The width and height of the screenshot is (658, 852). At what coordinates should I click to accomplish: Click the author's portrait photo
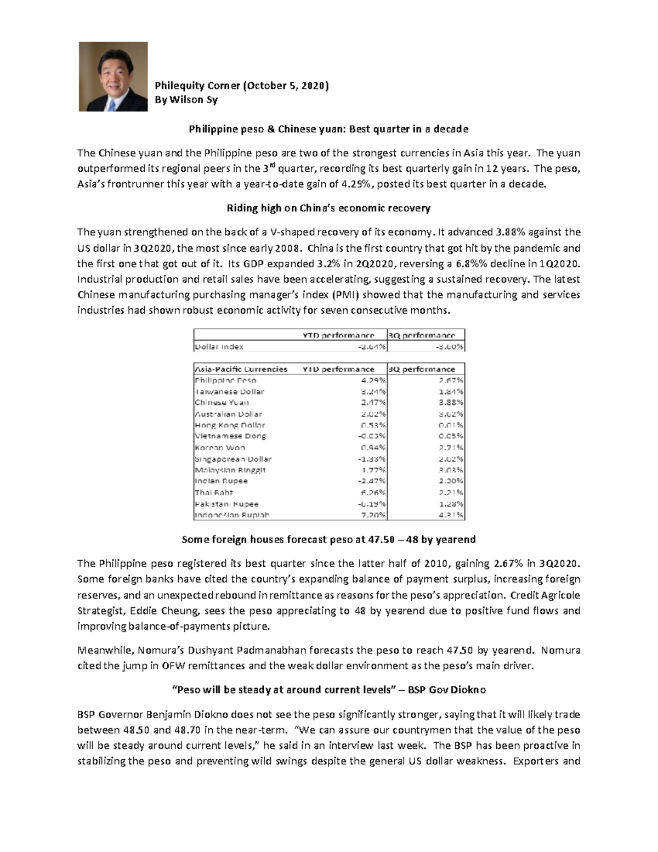click(113, 77)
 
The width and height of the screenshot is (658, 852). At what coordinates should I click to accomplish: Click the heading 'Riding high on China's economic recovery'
click(328, 208)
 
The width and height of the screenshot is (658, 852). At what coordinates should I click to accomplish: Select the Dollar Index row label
click(219, 347)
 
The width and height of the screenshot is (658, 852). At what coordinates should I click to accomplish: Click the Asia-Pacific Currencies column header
click(241, 369)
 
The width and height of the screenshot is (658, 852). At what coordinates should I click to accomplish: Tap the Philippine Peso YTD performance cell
click(373, 380)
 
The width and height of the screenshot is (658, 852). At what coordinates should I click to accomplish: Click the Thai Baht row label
click(214, 493)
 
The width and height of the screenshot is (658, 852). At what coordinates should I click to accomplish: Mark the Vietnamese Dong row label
click(230, 436)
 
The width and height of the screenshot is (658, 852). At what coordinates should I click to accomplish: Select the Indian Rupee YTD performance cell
click(373, 481)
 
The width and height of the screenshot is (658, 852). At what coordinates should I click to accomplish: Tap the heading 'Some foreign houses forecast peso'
click(328, 540)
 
